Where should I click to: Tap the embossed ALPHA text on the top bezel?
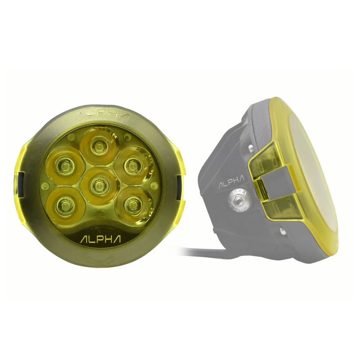(102, 116)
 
